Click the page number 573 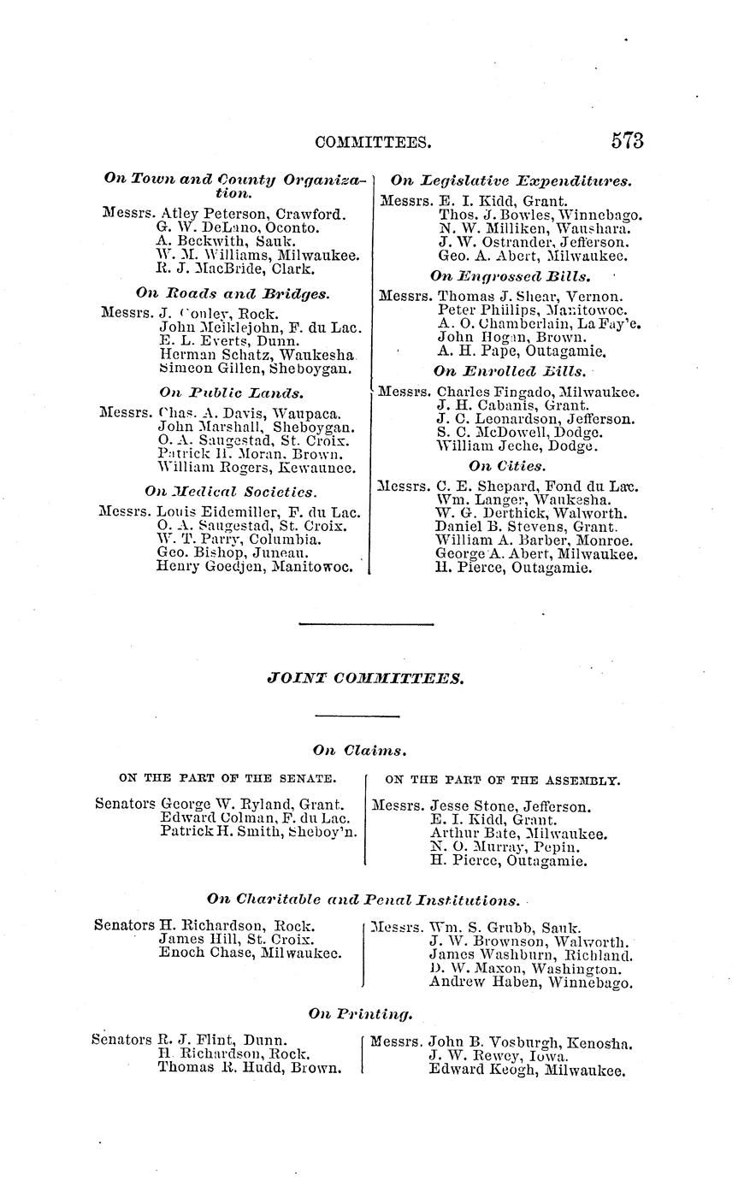point(627,141)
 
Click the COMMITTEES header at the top point(373,142)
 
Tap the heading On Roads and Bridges point(232,293)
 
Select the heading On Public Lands point(231,392)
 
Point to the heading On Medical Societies point(231,492)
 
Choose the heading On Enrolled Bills point(510,372)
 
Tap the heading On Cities point(507,466)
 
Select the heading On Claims point(359,750)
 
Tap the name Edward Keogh point(470,1070)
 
